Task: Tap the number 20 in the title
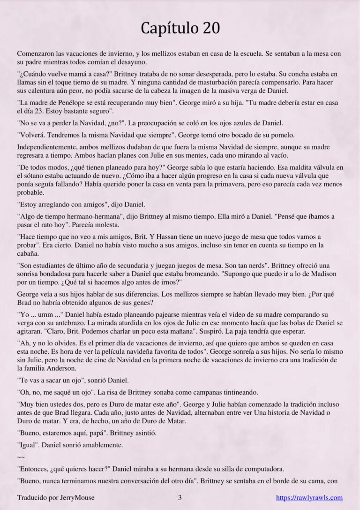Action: pyautogui.click(x=211, y=29)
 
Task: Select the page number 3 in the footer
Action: pyautogui.click(x=180, y=498)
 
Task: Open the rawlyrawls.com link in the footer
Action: pyautogui.click(x=309, y=498)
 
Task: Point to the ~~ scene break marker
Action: pyautogui.click(x=21, y=456)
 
